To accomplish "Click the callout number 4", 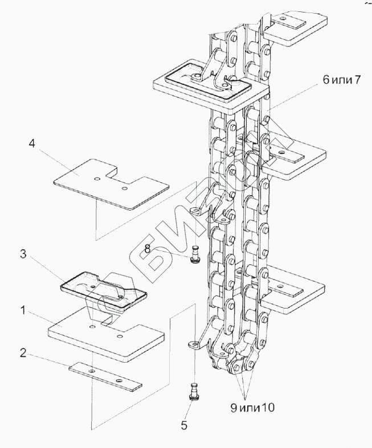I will [32, 143].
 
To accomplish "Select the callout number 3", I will [23, 254].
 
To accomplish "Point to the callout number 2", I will [22, 353].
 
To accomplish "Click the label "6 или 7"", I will [342, 80].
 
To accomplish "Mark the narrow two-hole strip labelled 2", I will [105, 376].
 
